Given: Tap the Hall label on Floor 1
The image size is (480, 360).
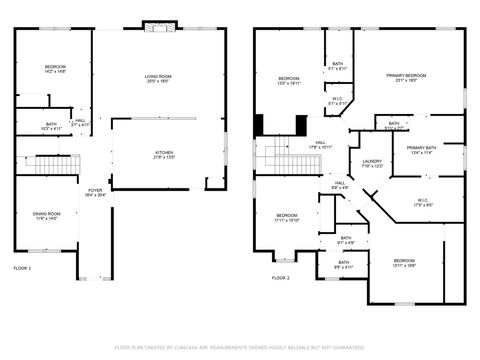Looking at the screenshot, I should tap(80, 122).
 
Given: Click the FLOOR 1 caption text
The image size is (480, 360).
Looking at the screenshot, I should tap(22, 269).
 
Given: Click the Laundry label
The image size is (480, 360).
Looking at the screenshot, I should tap(372, 163).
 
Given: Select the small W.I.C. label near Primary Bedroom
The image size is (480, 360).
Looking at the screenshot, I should tap(338, 101).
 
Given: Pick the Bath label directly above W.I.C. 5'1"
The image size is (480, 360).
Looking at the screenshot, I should tap(338, 66).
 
